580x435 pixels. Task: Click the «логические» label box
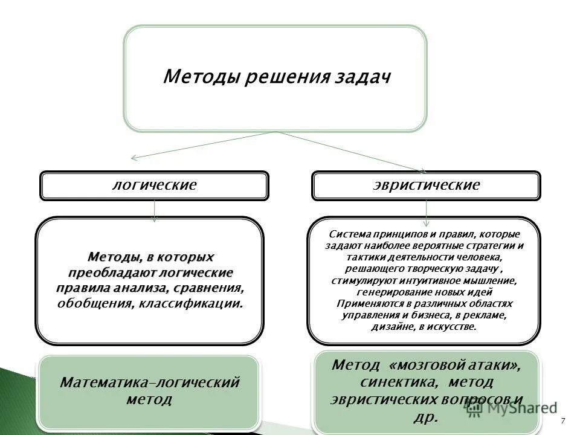click(155, 185)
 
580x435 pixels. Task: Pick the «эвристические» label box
click(427, 185)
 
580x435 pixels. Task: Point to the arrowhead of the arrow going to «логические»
click(134, 159)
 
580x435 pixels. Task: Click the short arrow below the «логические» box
click(155, 211)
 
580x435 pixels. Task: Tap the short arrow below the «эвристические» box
click(427, 211)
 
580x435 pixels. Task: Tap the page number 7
click(563, 420)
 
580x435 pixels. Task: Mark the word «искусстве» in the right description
click(453, 327)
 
